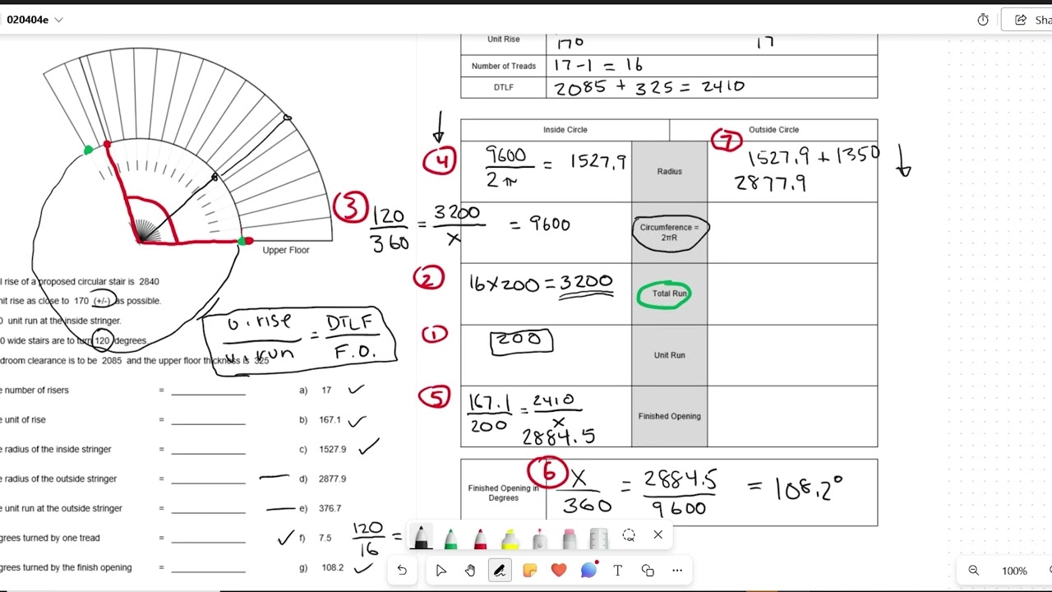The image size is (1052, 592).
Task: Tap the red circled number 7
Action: pyautogui.click(x=727, y=141)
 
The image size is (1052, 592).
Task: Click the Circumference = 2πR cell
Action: pyautogui.click(x=669, y=232)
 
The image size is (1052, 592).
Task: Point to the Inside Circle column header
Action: pyautogui.click(x=565, y=130)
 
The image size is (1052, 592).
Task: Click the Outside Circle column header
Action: pyautogui.click(x=773, y=130)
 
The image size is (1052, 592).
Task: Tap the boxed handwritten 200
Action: pyautogui.click(x=521, y=340)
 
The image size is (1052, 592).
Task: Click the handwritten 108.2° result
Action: pyautogui.click(x=808, y=489)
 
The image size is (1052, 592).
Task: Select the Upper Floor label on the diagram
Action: pyautogui.click(x=285, y=250)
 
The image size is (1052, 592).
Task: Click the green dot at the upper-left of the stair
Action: pyautogui.click(x=88, y=150)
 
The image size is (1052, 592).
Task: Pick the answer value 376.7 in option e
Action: pyautogui.click(x=330, y=508)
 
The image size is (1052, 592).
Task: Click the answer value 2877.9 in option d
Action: pyautogui.click(x=332, y=479)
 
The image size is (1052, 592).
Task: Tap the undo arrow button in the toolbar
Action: pyautogui.click(x=402, y=571)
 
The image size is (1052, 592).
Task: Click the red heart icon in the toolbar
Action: pyautogui.click(x=559, y=570)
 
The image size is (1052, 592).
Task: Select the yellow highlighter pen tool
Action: pyautogui.click(x=510, y=538)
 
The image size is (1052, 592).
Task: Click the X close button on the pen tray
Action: pyautogui.click(x=657, y=535)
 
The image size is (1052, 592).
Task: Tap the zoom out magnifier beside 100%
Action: pyautogui.click(x=973, y=571)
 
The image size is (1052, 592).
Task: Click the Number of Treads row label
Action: pyautogui.click(x=503, y=66)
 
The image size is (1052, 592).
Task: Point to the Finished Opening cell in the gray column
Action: pyautogui.click(x=669, y=416)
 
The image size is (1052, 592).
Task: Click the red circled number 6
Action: pyautogui.click(x=547, y=473)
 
